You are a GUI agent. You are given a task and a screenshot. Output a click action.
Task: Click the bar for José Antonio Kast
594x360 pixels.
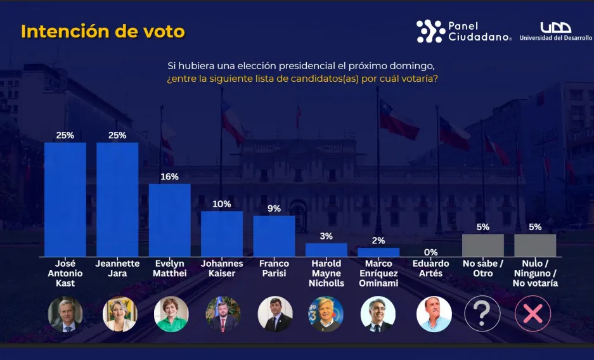pyautogui.click(x=65, y=199)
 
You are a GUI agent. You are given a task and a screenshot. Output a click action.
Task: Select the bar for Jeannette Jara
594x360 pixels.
pyautogui.click(x=117, y=199)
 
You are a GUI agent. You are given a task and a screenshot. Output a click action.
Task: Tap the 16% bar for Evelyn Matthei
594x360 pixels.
pyautogui.click(x=169, y=220)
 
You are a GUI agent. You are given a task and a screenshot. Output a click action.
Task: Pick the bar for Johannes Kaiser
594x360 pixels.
pyautogui.click(x=222, y=233)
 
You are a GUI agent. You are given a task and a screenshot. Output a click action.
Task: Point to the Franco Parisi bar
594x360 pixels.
pyautogui.click(x=274, y=236)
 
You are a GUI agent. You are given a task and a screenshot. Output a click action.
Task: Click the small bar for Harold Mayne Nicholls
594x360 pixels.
pyautogui.click(x=326, y=250)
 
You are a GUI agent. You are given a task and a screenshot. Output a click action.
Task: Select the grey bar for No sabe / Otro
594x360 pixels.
pyautogui.click(x=483, y=245)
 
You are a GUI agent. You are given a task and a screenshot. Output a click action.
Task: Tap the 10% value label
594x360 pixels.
pyautogui.click(x=222, y=204)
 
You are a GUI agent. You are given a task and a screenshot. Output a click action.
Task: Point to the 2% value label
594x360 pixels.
pyautogui.click(x=378, y=241)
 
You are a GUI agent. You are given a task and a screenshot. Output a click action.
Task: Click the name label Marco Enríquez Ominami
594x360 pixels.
pyautogui.click(x=378, y=273)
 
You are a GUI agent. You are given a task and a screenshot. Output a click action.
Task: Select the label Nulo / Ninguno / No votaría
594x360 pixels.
pyautogui.click(x=535, y=273)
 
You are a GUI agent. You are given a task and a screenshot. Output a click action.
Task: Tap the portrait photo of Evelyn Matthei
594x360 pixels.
pyautogui.click(x=171, y=314)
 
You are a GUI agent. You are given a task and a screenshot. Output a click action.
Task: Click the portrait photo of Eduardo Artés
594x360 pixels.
pyautogui.click(x=434, y=314)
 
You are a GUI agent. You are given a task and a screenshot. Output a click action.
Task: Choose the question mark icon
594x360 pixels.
pyautogui.click(x=482, y=314)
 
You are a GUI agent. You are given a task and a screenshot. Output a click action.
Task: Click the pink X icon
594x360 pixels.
pyautogui.click(x=533, y=314)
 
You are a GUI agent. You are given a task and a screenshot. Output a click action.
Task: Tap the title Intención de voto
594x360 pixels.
pyautogui.click(x=103, y=32)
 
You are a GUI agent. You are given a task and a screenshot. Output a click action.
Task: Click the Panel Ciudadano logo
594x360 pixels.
pyautogui.click(x=463, y=31)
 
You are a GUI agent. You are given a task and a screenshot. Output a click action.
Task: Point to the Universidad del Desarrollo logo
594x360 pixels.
pyautogui.click(x=556, y=31)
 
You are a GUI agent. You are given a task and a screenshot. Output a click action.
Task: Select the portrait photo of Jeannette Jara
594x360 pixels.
pyautogui.click(x=120, y=314)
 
